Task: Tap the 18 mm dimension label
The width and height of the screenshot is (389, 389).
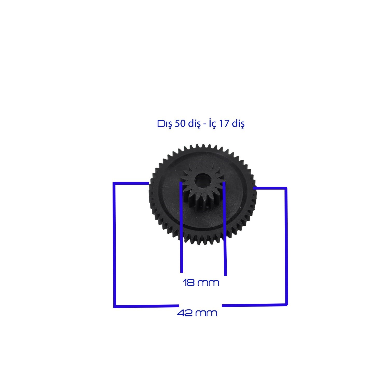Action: coord(201,282)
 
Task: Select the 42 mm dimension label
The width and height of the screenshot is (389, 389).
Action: coord(197,313)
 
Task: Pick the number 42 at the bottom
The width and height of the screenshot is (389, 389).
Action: coord(185,313)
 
